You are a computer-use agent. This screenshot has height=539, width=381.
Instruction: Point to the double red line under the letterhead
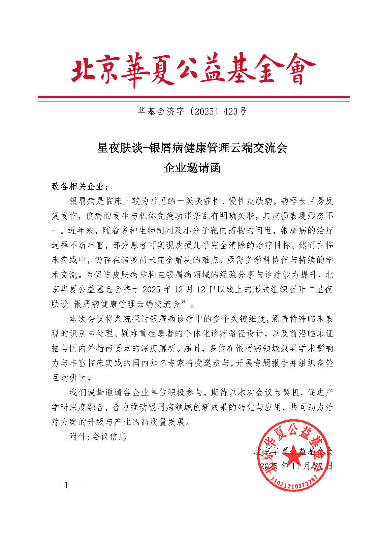pyautogui.click(x=194, y=99)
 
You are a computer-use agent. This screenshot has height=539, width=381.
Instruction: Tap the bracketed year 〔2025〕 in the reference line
pyautogui.click(x=203, y=112)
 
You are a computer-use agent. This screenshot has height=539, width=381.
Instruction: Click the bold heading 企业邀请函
pyautogui.click(x=192, y=167)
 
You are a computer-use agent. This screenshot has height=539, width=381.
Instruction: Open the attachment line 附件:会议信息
pyautogui.click(x=98, y=437)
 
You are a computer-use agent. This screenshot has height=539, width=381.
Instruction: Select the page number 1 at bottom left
pyautogui.click(x=67, y=485)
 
